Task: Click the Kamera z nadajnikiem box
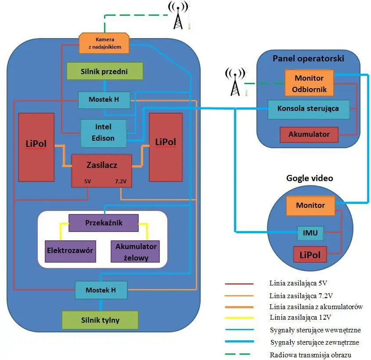tap(104, 43)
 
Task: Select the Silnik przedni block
tap(105, 71)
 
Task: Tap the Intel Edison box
tap(104, 133)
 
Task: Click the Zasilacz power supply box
tap(101, 171)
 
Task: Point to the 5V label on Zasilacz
tap(87, 181)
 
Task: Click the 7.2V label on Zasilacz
tap(121, 181)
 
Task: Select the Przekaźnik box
tap(104, 223)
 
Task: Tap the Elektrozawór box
tap(70, 251)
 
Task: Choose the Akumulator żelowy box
tap(135, 252)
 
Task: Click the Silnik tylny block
tap(100, 320)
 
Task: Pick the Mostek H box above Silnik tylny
tap(101, 290)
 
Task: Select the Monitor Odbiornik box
tap(309, 83)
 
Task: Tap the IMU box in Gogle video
tap(310, 233)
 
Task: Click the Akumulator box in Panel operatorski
tap(309, 135)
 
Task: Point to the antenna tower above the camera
tap(178, 15)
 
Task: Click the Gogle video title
tap(310, 178)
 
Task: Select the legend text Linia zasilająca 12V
tap(300, 317)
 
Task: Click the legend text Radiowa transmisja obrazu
tap(310, 355)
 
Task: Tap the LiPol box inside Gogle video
tap(310, 255)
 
